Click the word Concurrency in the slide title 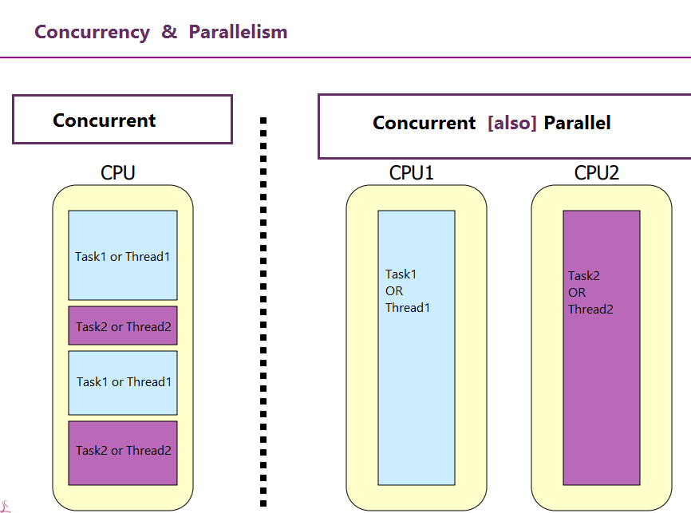pos(92,32)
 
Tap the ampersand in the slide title pos(169,32)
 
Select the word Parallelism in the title pos(238,32)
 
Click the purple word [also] pos(511,123)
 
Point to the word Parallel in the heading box pos(578,123)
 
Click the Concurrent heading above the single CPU pos(104,120)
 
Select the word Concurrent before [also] pos(424,123)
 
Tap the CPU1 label pos(411,173)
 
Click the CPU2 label pos(597,173)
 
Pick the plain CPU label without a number pos(118,173)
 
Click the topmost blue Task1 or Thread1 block pos(123,255)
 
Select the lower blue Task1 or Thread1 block pos(123,382)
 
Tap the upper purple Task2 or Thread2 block pos(123,326)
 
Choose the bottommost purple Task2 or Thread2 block pos(123,452)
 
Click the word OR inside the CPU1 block pos(394,291)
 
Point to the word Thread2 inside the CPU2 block pos(590,310)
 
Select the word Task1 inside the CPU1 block pos(401,274)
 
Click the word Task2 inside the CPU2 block pos(584,276)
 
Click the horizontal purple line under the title pos(345,57)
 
